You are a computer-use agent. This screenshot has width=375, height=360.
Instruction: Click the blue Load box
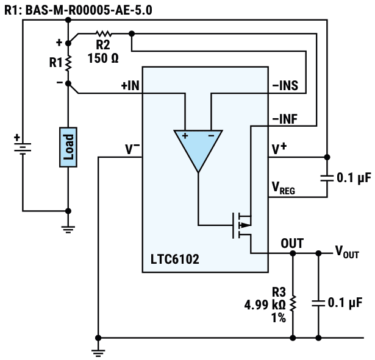point(68,147)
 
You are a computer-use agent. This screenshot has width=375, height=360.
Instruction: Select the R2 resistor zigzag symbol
point(103,34)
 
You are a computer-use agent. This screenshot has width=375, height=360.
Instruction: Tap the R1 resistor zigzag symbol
point(68,63)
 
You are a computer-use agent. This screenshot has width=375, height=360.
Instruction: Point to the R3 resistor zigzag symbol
point(293,303)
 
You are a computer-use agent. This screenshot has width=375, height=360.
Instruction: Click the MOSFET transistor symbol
point(241,225)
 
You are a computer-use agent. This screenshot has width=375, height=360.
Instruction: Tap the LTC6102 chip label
point(175,259)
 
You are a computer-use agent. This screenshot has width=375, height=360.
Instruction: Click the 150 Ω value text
point(103,58)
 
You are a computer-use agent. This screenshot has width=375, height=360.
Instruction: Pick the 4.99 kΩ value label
point(265,305)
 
